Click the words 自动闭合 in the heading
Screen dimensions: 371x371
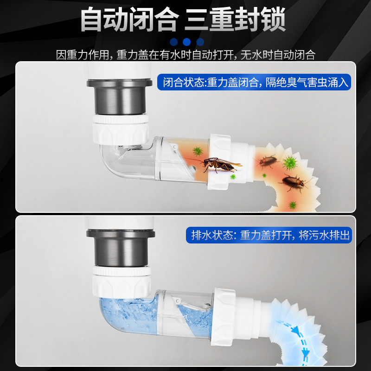click(129, 19)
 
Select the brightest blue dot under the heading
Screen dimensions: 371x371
click(187, 42)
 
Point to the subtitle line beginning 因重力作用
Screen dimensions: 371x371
click(185, 55)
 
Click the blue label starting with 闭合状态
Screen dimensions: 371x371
click(254, 83)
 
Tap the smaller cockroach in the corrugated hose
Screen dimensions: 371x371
click(268, 161)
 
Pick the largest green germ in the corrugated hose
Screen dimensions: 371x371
click(290, 163)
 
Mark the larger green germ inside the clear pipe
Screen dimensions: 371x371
click(198, 151)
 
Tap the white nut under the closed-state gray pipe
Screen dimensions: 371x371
click(120, 128)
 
